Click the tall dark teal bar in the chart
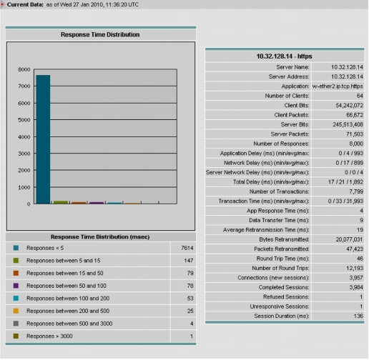pos(43,139)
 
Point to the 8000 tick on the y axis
pos(24,69)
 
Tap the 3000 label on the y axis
pos(24,154)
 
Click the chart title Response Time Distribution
pos(100,34)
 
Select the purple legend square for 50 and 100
pos(16,286)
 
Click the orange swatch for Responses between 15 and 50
pos(16,273)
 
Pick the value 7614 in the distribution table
pos(187,248)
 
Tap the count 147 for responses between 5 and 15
pos(189,261)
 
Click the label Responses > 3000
pos(49,336)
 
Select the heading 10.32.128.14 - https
pos(285,56)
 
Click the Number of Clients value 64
pos(360,96)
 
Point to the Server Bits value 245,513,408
pos(348,124)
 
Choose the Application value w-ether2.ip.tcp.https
pos(338,86)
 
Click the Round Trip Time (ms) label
pos(282,259)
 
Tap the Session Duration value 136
pos(358,316)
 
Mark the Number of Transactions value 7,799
pos(356,191)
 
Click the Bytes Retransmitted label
pos(284,239)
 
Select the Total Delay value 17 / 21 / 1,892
pos(345,182)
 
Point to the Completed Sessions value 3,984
pos(356,287)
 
